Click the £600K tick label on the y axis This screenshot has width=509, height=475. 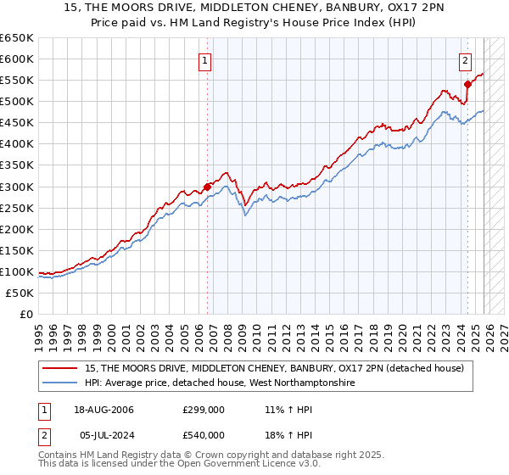(18, 59)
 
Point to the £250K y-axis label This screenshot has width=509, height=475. (18, 208)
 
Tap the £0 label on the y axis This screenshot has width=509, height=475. (26, 314)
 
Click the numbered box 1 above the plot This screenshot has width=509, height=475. (206, 60)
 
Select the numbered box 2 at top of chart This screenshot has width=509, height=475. (466, 60)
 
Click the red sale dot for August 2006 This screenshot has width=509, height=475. (207, 187)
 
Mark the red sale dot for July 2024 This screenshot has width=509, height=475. (467, 84)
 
